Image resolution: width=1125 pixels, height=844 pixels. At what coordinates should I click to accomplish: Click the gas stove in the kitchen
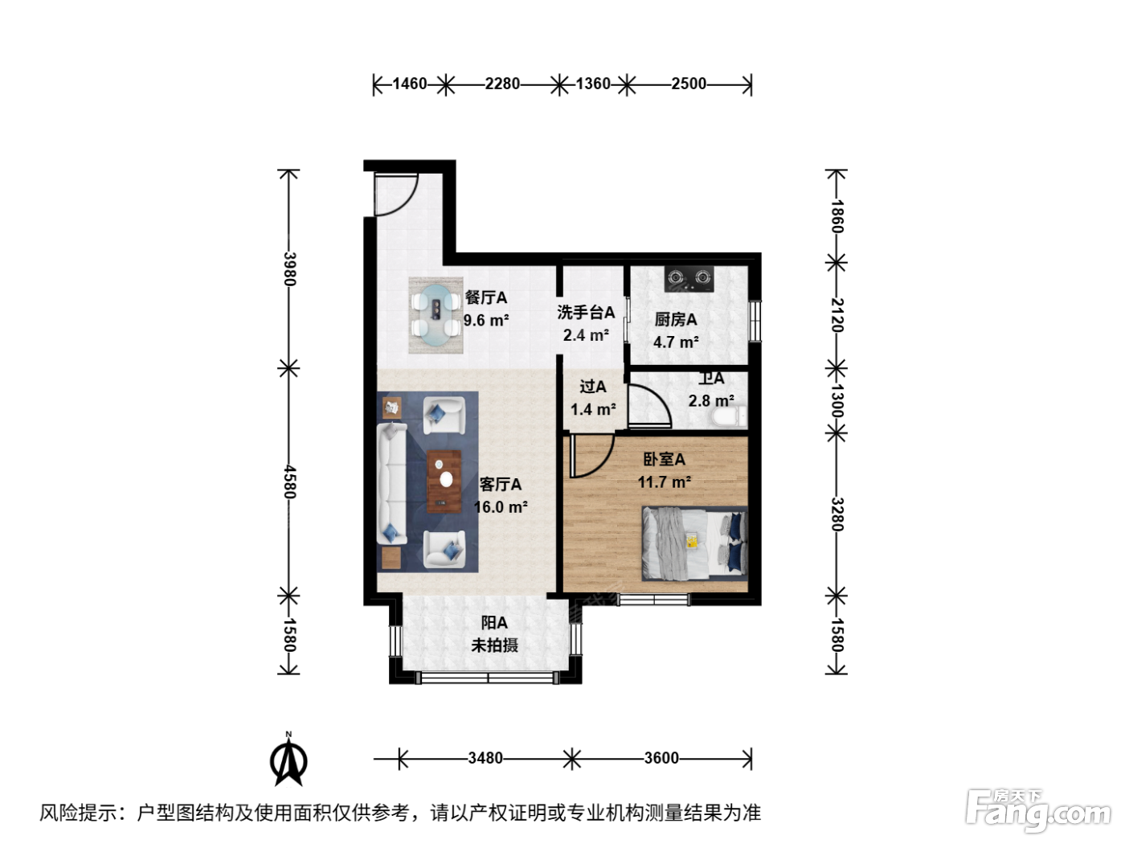(689, 279)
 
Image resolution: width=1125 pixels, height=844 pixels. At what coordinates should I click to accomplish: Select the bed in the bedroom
(694, 543)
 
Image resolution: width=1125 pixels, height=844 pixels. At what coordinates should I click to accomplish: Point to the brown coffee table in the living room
(444, 481)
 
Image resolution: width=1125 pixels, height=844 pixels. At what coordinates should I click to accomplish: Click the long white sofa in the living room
(392, 483)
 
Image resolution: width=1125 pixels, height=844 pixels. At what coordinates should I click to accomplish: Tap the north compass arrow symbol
(288, 760)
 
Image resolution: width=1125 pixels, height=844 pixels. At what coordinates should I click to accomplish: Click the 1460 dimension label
(409, 84)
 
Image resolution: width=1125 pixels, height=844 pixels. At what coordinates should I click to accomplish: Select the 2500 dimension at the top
(689, 84)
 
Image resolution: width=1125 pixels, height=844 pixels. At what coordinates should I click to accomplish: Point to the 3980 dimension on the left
(289, 269)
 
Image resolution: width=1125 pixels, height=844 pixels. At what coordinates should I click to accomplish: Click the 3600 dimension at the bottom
(661, 758)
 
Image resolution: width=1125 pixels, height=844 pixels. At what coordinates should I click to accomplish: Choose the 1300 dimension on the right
(837, 401)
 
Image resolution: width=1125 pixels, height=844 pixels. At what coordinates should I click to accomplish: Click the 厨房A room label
(676, 320)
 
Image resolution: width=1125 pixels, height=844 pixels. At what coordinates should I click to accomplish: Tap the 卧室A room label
(664, 459)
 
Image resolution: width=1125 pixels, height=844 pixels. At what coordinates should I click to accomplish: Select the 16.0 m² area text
(501, 507)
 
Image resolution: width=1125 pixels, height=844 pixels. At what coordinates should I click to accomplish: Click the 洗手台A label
(586, 312)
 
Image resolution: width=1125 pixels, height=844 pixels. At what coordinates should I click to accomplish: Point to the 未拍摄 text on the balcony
(494, 645)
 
